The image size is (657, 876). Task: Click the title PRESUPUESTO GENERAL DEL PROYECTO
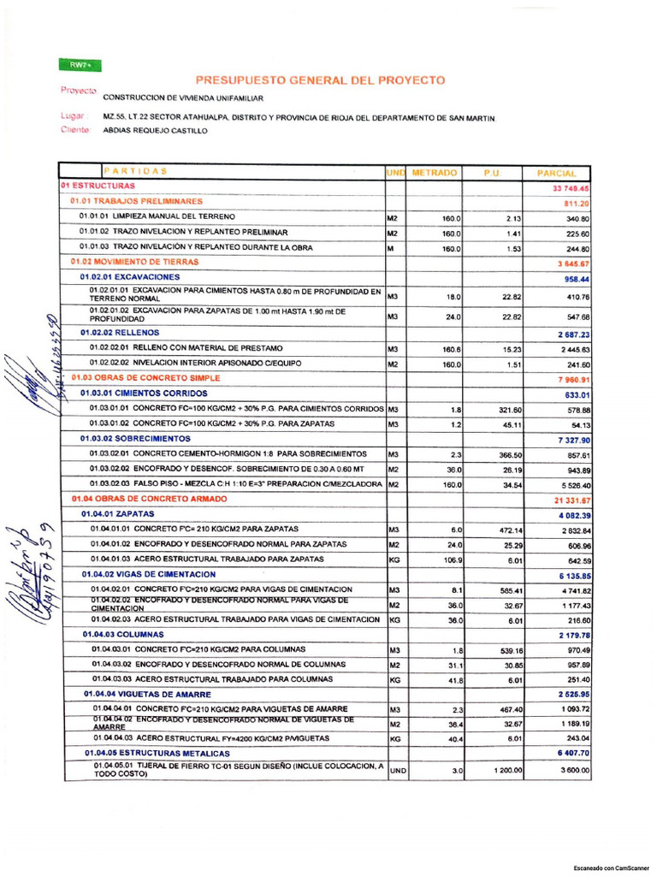[x=321, y=80]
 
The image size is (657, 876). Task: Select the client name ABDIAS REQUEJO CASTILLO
[x=155, y=131]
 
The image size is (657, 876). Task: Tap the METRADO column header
[x=435, y=173]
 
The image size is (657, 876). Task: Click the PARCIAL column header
[x=557, y=174]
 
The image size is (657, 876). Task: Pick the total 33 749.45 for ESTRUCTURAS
[x=571, y=188]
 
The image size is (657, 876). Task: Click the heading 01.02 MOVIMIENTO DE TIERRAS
[x=135, y=262]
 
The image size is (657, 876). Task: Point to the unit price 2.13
[x=513, y=218]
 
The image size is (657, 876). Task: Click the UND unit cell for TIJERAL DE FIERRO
[x=398, y=771]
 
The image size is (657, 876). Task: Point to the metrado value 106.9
[x=451, y=560]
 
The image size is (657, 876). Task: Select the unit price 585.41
[x=511, y=590]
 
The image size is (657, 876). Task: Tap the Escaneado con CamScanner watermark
[x=611, y=866]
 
